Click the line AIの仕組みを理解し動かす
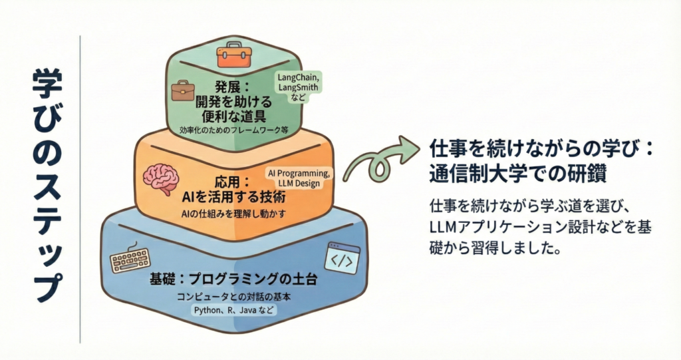(233, 214)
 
